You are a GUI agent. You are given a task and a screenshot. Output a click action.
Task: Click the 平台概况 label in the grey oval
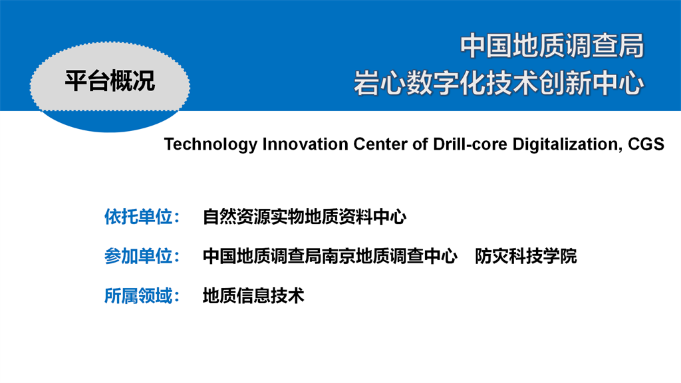(x=110, y=80)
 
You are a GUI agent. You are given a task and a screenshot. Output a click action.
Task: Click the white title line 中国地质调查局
(x=552, y=46)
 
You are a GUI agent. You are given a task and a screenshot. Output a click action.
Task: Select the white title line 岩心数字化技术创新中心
(x=499, y=83)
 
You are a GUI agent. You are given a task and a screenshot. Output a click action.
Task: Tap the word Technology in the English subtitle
(x=211, y=144)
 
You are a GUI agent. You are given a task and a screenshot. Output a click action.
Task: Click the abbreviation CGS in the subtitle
(x=646, y=144)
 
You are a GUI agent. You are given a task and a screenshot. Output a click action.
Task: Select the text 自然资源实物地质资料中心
(x=305, y=217)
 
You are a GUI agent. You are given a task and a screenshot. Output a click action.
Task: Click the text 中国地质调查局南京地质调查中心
(x=330, y=256)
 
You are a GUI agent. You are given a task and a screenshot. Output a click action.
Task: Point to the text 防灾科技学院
(x=526, y=256)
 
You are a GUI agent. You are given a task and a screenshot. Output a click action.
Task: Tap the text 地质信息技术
(x=253, y=296)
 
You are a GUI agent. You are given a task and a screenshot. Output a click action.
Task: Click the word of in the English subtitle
(x=420, y=144)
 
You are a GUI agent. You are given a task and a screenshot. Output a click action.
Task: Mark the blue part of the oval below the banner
(x=110, y=122)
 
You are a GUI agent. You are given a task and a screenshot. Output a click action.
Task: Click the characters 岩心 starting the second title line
(x=380, y=83)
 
